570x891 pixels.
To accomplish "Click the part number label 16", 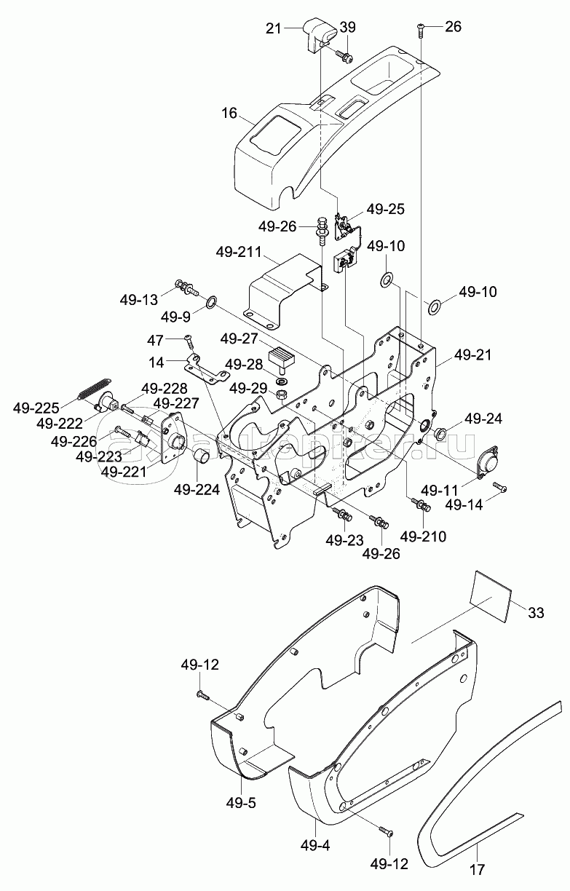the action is tap(229, 114).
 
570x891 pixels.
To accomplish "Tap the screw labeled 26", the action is tap(421, 31).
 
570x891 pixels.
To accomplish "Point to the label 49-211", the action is tap(239, 252).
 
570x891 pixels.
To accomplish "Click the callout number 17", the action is tap(478, 881).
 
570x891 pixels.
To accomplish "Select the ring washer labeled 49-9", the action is tap(211, 302).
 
